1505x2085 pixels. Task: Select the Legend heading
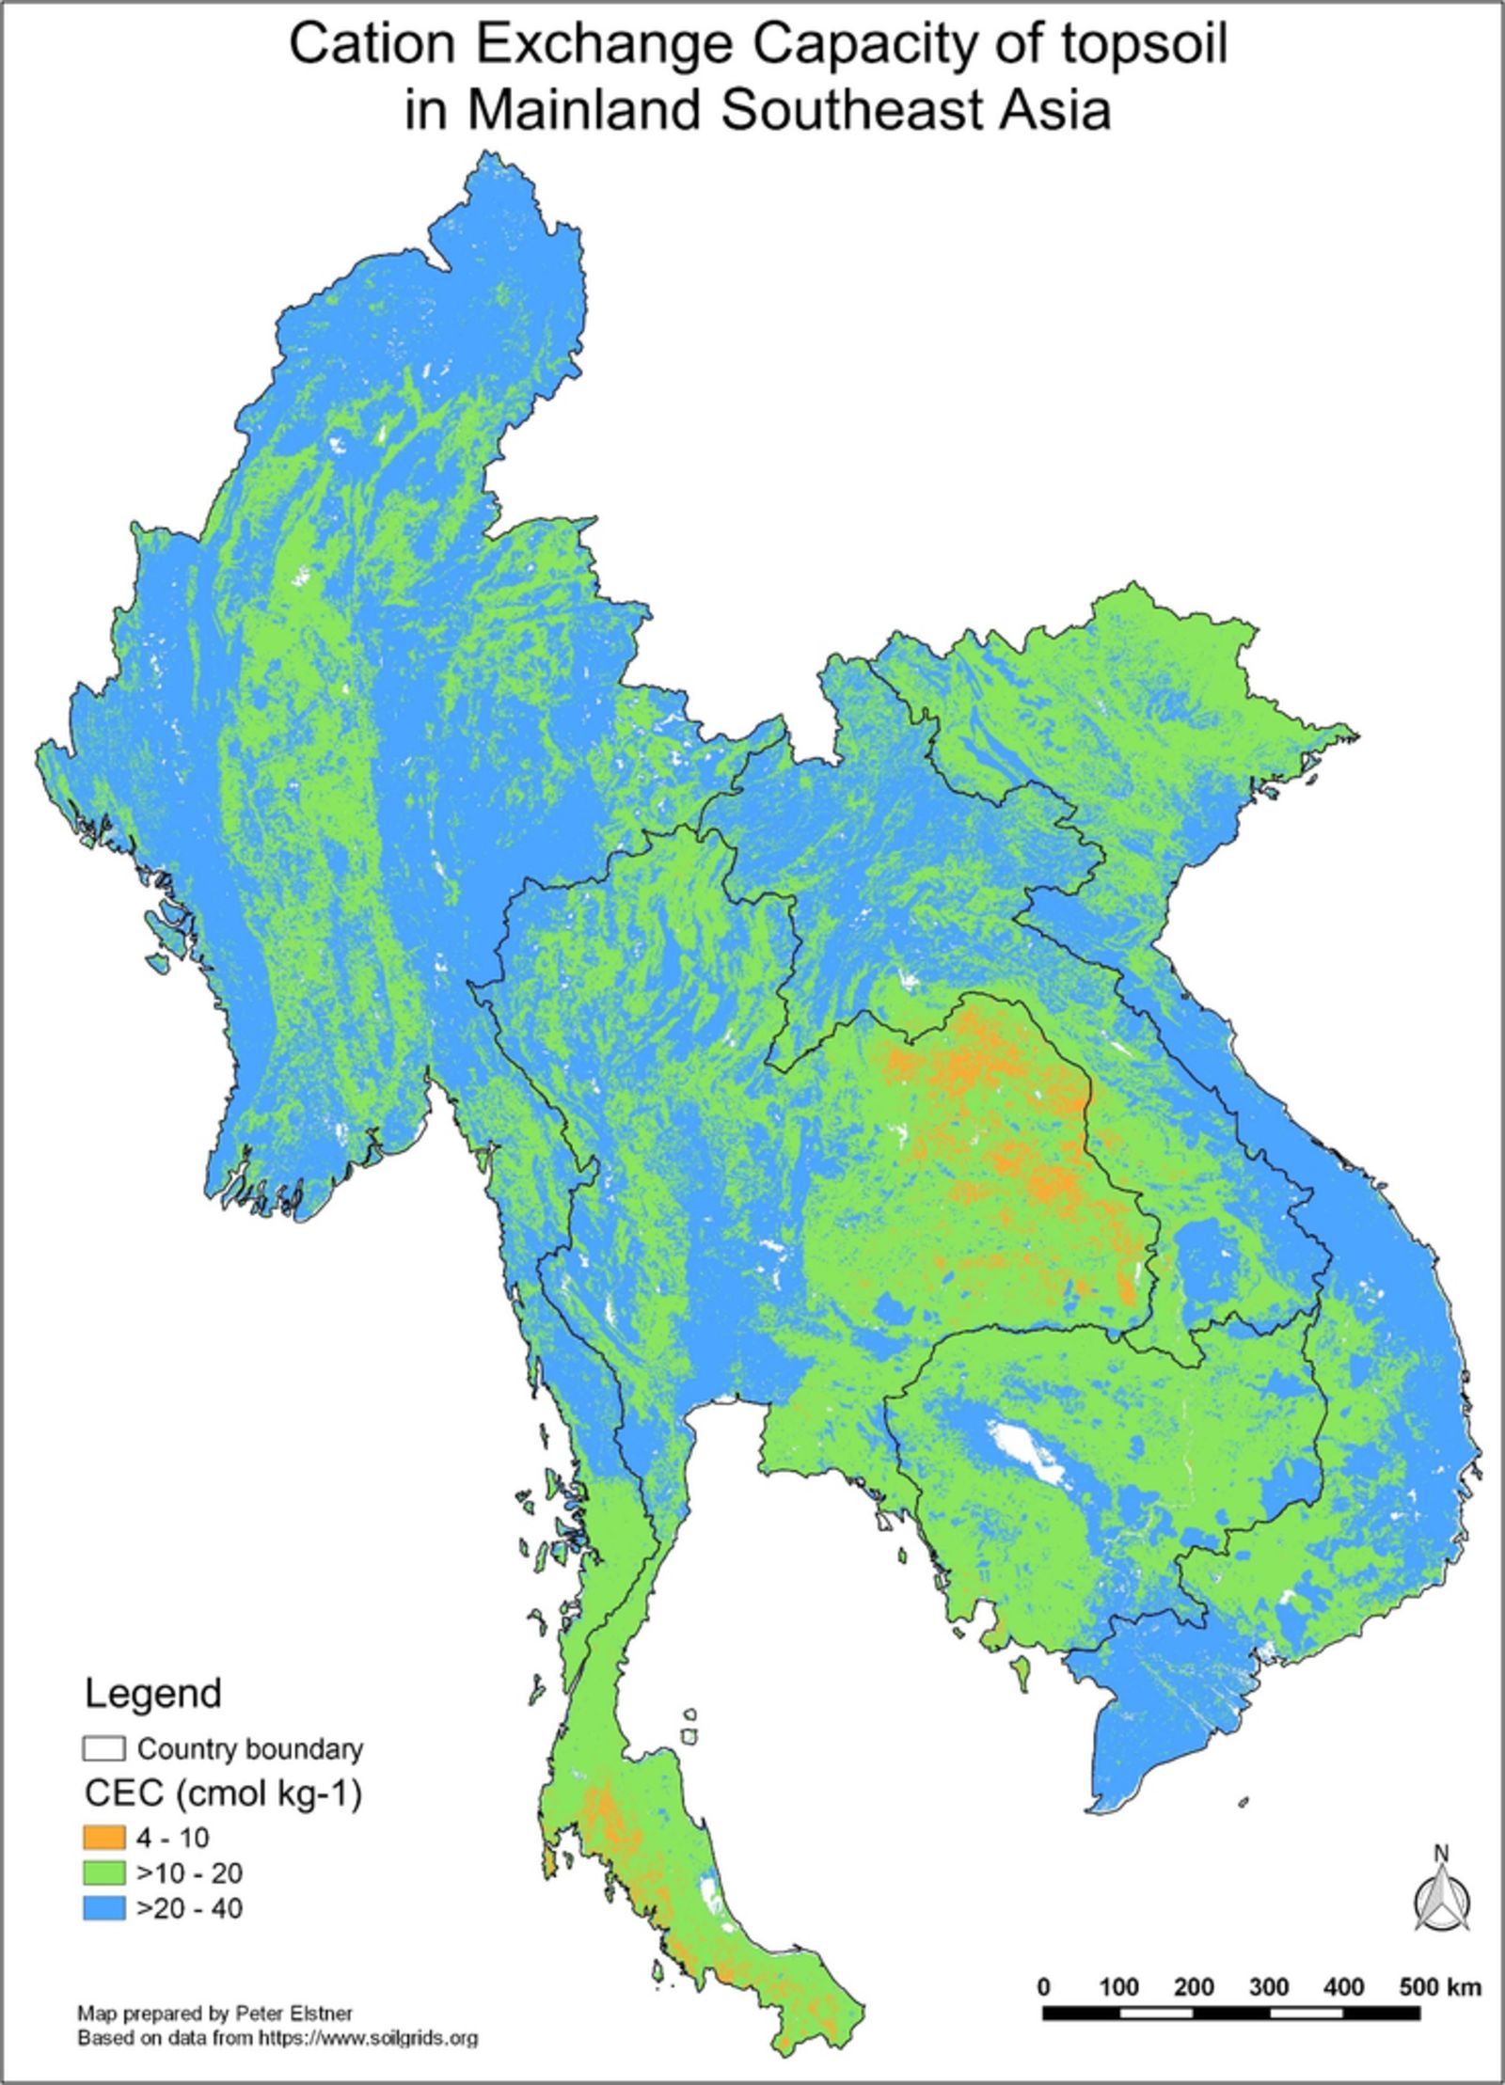pyautogui.click(x=153, y=1694)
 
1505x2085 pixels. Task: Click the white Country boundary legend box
pyautogui.click(x=103, y=1748)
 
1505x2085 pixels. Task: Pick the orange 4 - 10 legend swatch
pyautogui.click(x=103, y=1836)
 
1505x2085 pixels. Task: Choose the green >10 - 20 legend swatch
pyautogui.click(x=103, y=1872)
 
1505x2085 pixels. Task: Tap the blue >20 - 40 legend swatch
pyautogui.click(x=103, y=1908)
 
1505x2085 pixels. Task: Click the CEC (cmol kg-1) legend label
pyautogui.click(x=223, y=1793)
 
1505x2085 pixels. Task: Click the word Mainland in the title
pyautogui.click(x=584, y=109)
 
